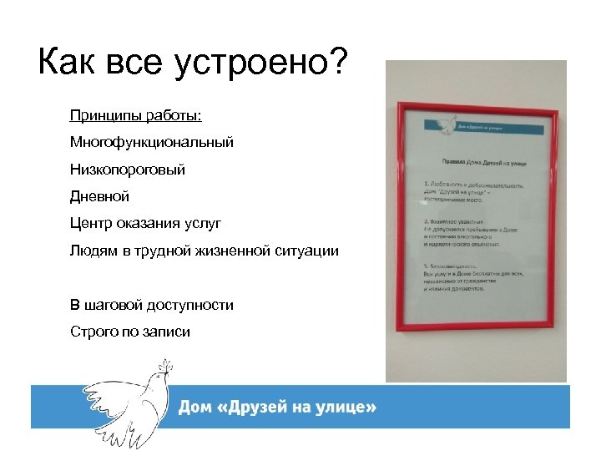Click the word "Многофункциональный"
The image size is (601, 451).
(152, 142)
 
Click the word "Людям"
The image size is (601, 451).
(93, 251)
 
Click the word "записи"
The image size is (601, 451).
(169, 332)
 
